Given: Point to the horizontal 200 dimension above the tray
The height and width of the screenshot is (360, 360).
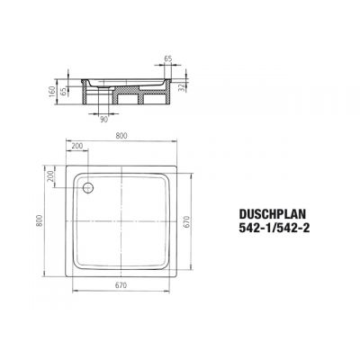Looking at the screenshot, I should [76, 147].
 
